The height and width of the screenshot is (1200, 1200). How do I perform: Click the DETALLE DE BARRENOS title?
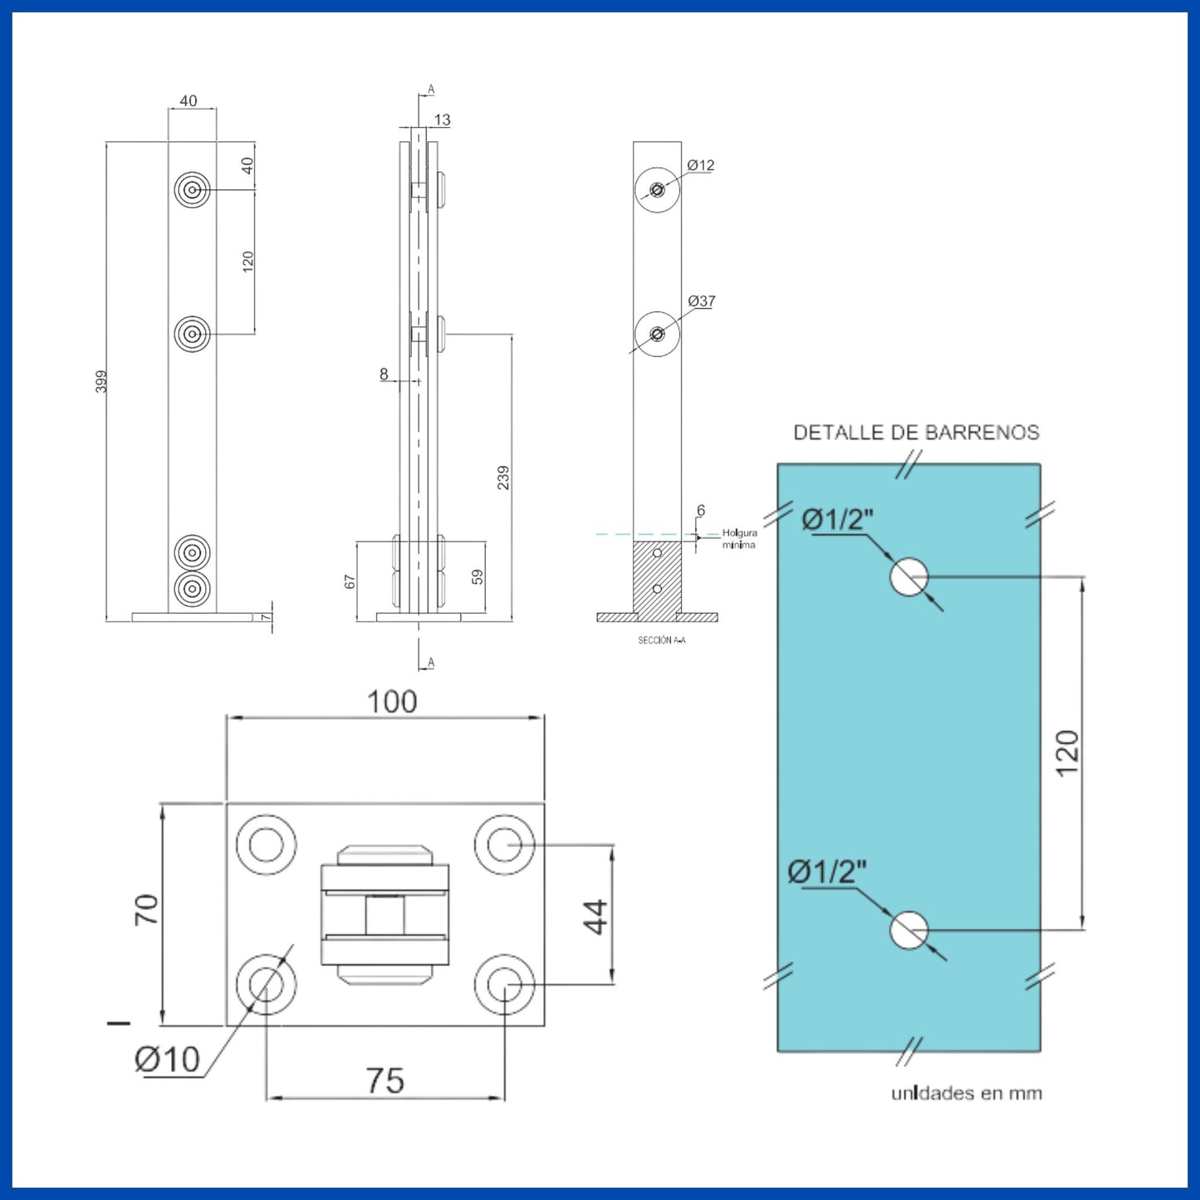point(916,433)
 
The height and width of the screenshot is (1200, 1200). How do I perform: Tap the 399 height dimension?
point(101,381)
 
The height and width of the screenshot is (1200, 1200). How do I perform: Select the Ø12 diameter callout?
point(701,165)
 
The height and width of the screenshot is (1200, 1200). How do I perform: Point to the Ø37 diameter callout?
point(702,301)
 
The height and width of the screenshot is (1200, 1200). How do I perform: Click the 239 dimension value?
point(503,478)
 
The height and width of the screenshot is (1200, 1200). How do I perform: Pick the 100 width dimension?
point(392,703)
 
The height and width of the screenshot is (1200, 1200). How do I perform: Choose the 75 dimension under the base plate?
point(385,1081)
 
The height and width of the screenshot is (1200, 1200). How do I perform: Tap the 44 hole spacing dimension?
point(595,917)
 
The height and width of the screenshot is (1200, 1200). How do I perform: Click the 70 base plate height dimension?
point(146,910)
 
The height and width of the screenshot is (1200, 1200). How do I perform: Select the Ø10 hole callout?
point(168,1060)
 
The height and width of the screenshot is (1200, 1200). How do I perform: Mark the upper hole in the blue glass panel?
point(909,576)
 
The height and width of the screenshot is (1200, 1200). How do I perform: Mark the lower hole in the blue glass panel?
point(909,930)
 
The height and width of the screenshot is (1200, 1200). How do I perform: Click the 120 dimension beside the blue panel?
point(1067,753)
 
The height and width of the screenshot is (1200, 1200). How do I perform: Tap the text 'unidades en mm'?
point(967,1094)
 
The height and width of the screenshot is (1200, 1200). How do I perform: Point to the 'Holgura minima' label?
point(739,539)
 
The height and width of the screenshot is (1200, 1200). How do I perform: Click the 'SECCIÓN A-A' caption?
point(662,640)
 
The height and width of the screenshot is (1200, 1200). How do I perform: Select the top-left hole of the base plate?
point(266,845)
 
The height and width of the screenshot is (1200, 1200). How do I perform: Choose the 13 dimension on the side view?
point(442,120)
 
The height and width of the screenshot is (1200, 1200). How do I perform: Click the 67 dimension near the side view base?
point(350,582)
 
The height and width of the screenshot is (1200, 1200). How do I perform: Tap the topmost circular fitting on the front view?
point(193,190)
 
